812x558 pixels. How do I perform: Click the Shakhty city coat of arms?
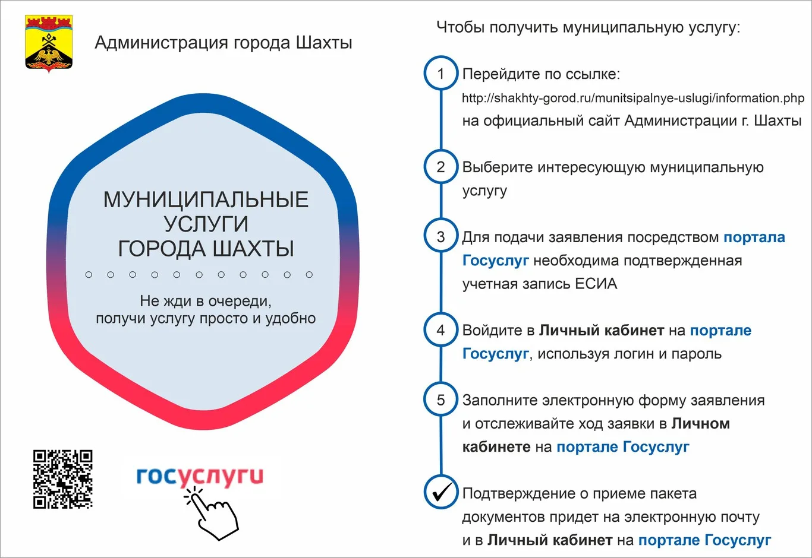pyautogui.click(x=49, y=43)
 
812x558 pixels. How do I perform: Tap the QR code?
pyautogui.click(x=62, y=479)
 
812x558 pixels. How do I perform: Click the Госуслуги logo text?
pyautogui.click(x=200, y=476)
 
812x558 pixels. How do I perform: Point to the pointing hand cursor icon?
pyautogui.click(x=212, y=512)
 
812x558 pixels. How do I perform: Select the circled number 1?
pyautogui.click(x=440, y=74)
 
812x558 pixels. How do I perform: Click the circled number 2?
pyautogui.click(x=440, y=167)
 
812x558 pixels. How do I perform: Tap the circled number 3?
pyautogui.click(x=440, y=237)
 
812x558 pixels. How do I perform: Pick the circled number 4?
pyautogui.click(x=440, y=330)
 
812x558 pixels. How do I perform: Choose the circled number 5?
pyautogui.click(x=440, y=400)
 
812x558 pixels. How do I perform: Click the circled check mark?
pyautogui.click(x=440, y=493)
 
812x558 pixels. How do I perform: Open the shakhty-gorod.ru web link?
pyautogui.click(x=632, y=98)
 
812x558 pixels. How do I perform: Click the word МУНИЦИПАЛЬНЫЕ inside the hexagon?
pyautogui.click(x=206, y=199)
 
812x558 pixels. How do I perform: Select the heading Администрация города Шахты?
pyautogui.click(x=224, y=43)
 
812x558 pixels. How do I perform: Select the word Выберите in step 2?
pyautogui.click(x=498, y=167)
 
